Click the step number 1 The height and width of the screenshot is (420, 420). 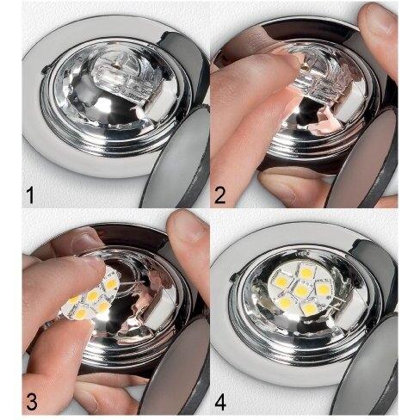coord(29,195)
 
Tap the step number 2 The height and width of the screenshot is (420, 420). coord(219,195)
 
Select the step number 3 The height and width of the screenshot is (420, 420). coord(31,401)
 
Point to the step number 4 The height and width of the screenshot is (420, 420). coord(220,401)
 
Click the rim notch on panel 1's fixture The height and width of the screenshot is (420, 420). coord(45,70)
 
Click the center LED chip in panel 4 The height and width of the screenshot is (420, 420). coord(301,291)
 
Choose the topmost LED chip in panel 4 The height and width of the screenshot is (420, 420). coord(306,269)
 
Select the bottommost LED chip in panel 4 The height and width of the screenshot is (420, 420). coord(308,309)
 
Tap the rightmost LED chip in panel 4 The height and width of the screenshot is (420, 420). coord(324,288)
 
